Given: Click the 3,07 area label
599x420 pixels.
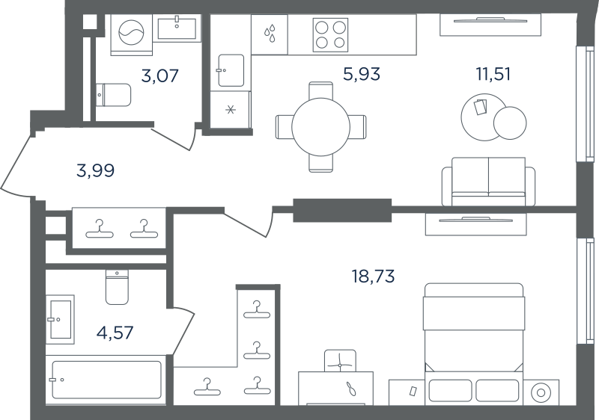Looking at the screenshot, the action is [x=159, y=75].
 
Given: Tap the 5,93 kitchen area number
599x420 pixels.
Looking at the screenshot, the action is [x=362, y=74].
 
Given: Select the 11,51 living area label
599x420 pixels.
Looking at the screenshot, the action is [x=493, y=73].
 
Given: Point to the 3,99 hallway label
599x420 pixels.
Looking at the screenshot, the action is [x=96, y=170].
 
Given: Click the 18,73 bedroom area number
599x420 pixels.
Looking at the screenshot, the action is [x=373, y=276].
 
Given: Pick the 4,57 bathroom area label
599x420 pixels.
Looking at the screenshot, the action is [x=115, y=333].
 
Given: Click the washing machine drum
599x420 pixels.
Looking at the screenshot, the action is [x=132, y=32].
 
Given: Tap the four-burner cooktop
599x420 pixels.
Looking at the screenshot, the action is [x=330, y=35].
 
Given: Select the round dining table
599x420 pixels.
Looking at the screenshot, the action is [x=321, y=127].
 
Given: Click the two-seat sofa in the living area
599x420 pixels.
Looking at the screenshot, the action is [x=489, y=182].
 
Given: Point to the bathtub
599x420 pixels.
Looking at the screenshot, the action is [x=106, y=380].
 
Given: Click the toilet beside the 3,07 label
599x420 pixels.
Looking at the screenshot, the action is [x=113, y=95].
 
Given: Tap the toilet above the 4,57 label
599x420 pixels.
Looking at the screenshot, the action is [x=117, y=288].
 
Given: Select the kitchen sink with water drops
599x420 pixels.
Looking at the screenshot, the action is [x=270, y=34].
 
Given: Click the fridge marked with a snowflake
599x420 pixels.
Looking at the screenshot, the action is [x=231, y=110].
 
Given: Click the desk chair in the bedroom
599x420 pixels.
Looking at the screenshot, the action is [x=340, y=361].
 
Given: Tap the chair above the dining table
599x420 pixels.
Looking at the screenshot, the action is [x=321, y=90].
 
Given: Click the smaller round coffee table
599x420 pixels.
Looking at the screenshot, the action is [x=510, y=123].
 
